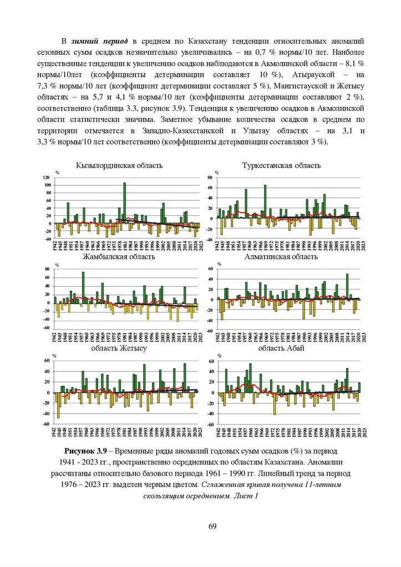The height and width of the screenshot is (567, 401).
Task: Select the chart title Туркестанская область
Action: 281,166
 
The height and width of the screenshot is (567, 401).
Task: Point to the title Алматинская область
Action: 281,257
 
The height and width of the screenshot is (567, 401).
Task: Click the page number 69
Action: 212,525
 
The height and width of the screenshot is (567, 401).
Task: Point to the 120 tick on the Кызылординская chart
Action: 47,177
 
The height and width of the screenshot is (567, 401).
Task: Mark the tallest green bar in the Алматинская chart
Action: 347,286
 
